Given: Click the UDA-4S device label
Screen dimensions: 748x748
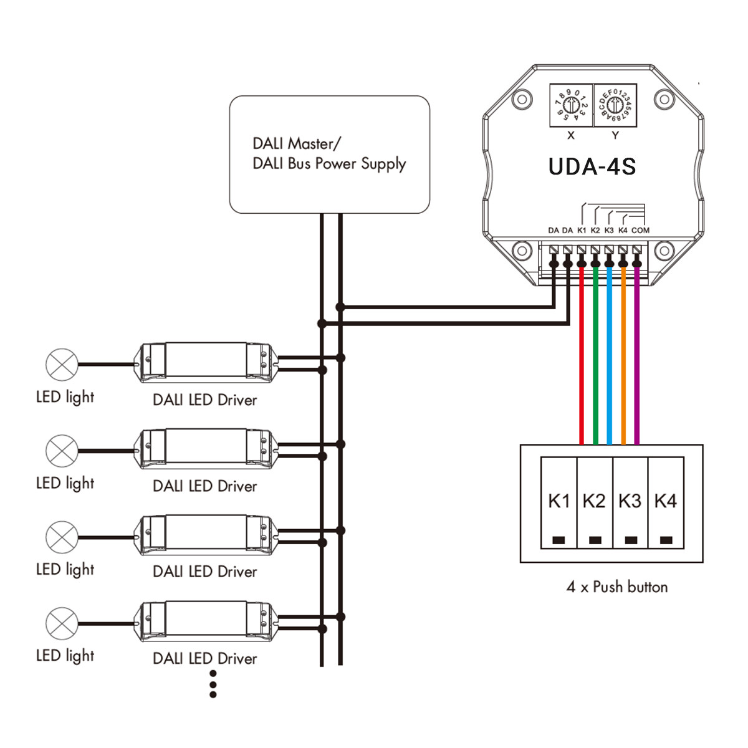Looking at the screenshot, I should [592, 167].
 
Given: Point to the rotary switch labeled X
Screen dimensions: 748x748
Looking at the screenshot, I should [571, 105].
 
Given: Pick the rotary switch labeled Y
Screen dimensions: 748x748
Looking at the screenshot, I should [615, 105].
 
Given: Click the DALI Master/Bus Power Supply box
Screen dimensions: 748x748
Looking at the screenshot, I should [329, 155].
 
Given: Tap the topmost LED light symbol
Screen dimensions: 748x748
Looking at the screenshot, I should [62, 364].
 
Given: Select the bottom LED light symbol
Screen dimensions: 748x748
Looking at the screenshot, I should [62, 623].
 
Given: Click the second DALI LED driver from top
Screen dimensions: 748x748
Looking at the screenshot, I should [204, 448].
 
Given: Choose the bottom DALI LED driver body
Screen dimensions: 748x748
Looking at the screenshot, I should [204, 621].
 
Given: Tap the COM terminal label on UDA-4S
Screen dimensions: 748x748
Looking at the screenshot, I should [640, 230].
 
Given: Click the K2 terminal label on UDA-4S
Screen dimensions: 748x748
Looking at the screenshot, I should [595, 230].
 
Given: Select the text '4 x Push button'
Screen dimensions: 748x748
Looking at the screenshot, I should [617, 587].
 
